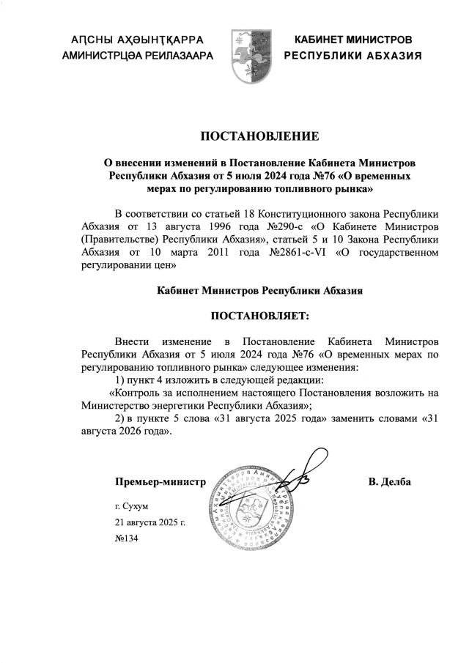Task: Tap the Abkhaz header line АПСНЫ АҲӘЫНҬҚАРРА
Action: pos(136,39)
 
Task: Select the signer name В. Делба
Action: pos(389,482)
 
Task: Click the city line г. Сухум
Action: pos(133,506)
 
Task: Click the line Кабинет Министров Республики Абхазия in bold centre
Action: pos(260,290)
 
